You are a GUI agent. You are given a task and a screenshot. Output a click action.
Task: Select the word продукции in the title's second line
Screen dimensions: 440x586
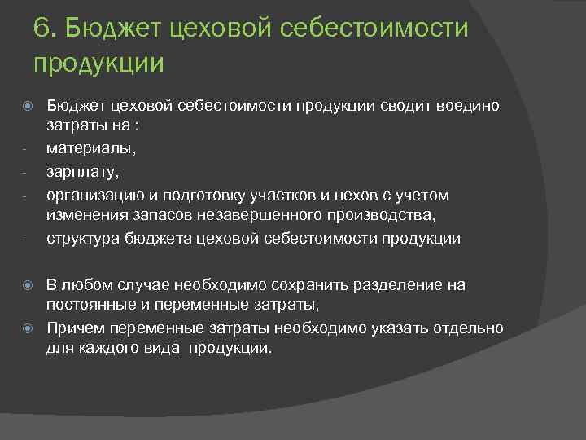click(99, 63)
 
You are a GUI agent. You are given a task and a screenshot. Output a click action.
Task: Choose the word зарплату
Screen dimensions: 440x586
click(78, 173)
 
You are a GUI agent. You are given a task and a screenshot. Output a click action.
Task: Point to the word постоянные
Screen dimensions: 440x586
click(88, 305)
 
